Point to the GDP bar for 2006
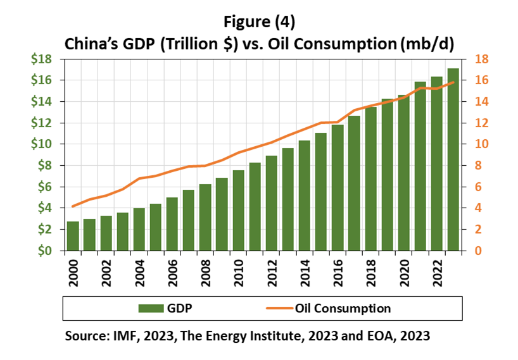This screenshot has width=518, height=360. (172, 224)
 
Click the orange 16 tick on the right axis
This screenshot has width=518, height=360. (481, 80)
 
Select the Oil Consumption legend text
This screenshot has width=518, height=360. (342, 309)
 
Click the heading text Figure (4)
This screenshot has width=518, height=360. (260, 21)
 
